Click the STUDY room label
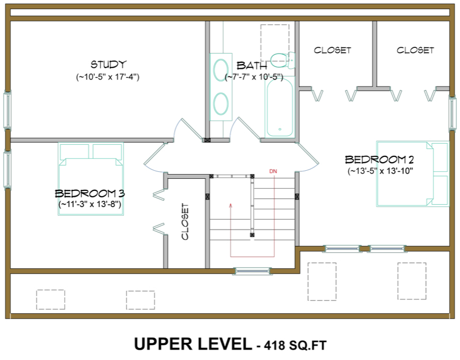click(108, 64)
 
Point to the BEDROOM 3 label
click(90, 193)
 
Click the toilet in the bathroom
click(282, 59)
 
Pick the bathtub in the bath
click(279, 108)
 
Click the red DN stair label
click(274, 171)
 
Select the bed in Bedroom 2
click(413, 173)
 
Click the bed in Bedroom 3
click(91, 179)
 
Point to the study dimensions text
click(108, 76)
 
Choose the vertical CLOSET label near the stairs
click(185, 222)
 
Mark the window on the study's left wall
click(7, 110)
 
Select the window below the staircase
click(252, 270)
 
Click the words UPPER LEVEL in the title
click(193, 344)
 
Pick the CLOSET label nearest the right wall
click(415, 51)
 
